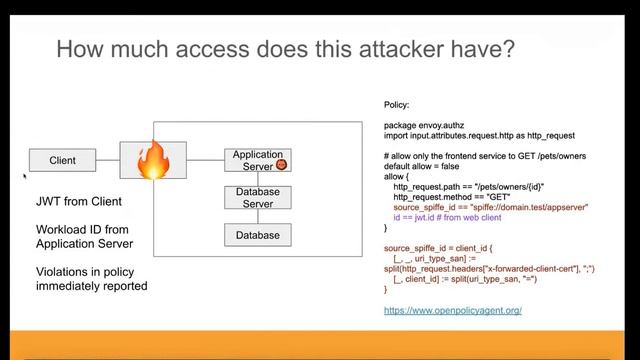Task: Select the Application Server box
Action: coord(257,160)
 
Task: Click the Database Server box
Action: coord(257,197)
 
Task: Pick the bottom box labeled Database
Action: coord(257,236)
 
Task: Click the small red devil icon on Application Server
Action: coord(281,164)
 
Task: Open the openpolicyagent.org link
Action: coord(452,311)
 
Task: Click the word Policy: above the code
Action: coord(398,105)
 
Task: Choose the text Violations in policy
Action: coord(92,271)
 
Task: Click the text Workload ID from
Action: coord(82,229)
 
